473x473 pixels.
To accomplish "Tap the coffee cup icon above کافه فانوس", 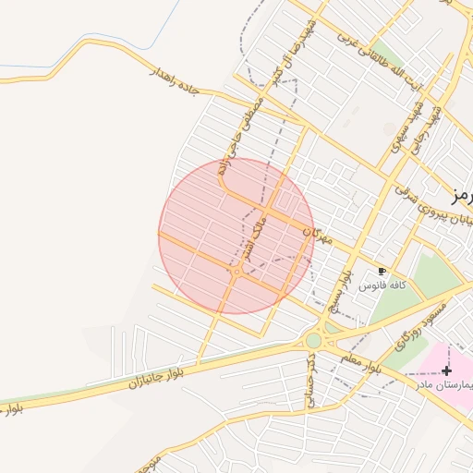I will pyautogui.click(x=382, y=272).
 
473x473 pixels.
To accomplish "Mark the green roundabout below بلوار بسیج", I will pyautogui.click(x=314, y=340).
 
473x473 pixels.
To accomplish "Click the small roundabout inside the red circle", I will pyautogui.click(x=237, y=271).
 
